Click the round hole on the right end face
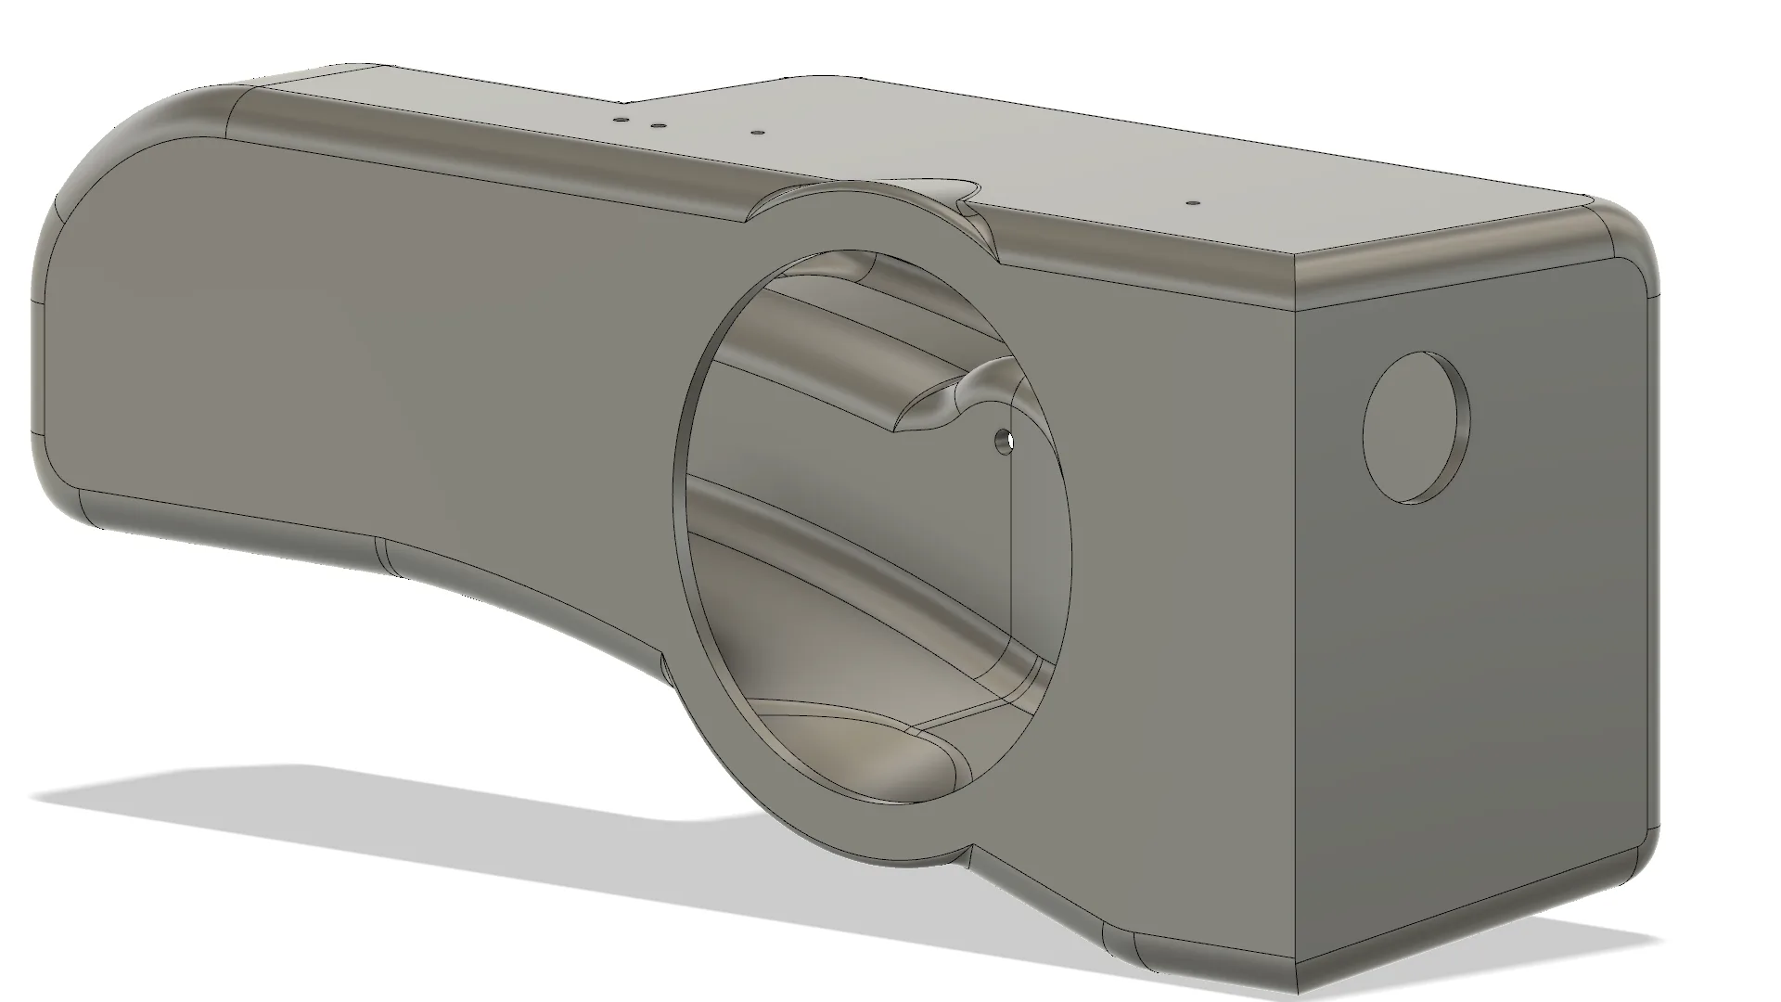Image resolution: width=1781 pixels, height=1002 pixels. (x=1414, y=428)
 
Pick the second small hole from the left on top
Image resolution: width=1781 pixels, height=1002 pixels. (x=657, y=125)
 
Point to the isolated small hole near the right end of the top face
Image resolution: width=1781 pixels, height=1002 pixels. (x=1194, y=200)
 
